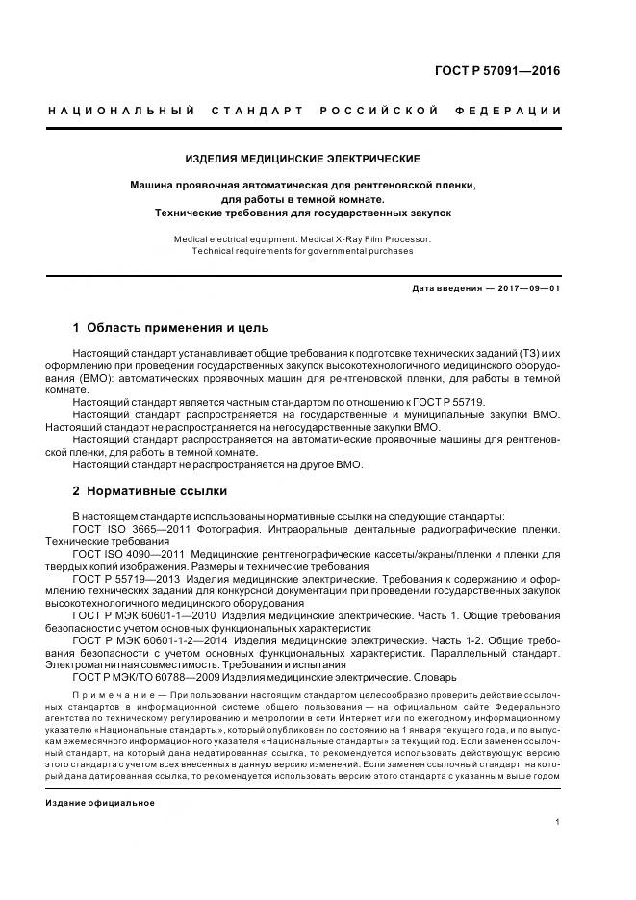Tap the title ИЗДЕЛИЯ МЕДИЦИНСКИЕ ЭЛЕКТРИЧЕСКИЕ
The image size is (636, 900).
pos(302,158)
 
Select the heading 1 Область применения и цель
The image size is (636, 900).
pos(171,327)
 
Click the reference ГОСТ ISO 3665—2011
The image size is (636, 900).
pos(127,530)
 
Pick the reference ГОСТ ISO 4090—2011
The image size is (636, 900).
pos(128,555)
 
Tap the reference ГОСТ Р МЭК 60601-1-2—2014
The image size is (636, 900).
pos(150,640)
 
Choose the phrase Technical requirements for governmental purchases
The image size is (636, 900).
pos(302,250)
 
